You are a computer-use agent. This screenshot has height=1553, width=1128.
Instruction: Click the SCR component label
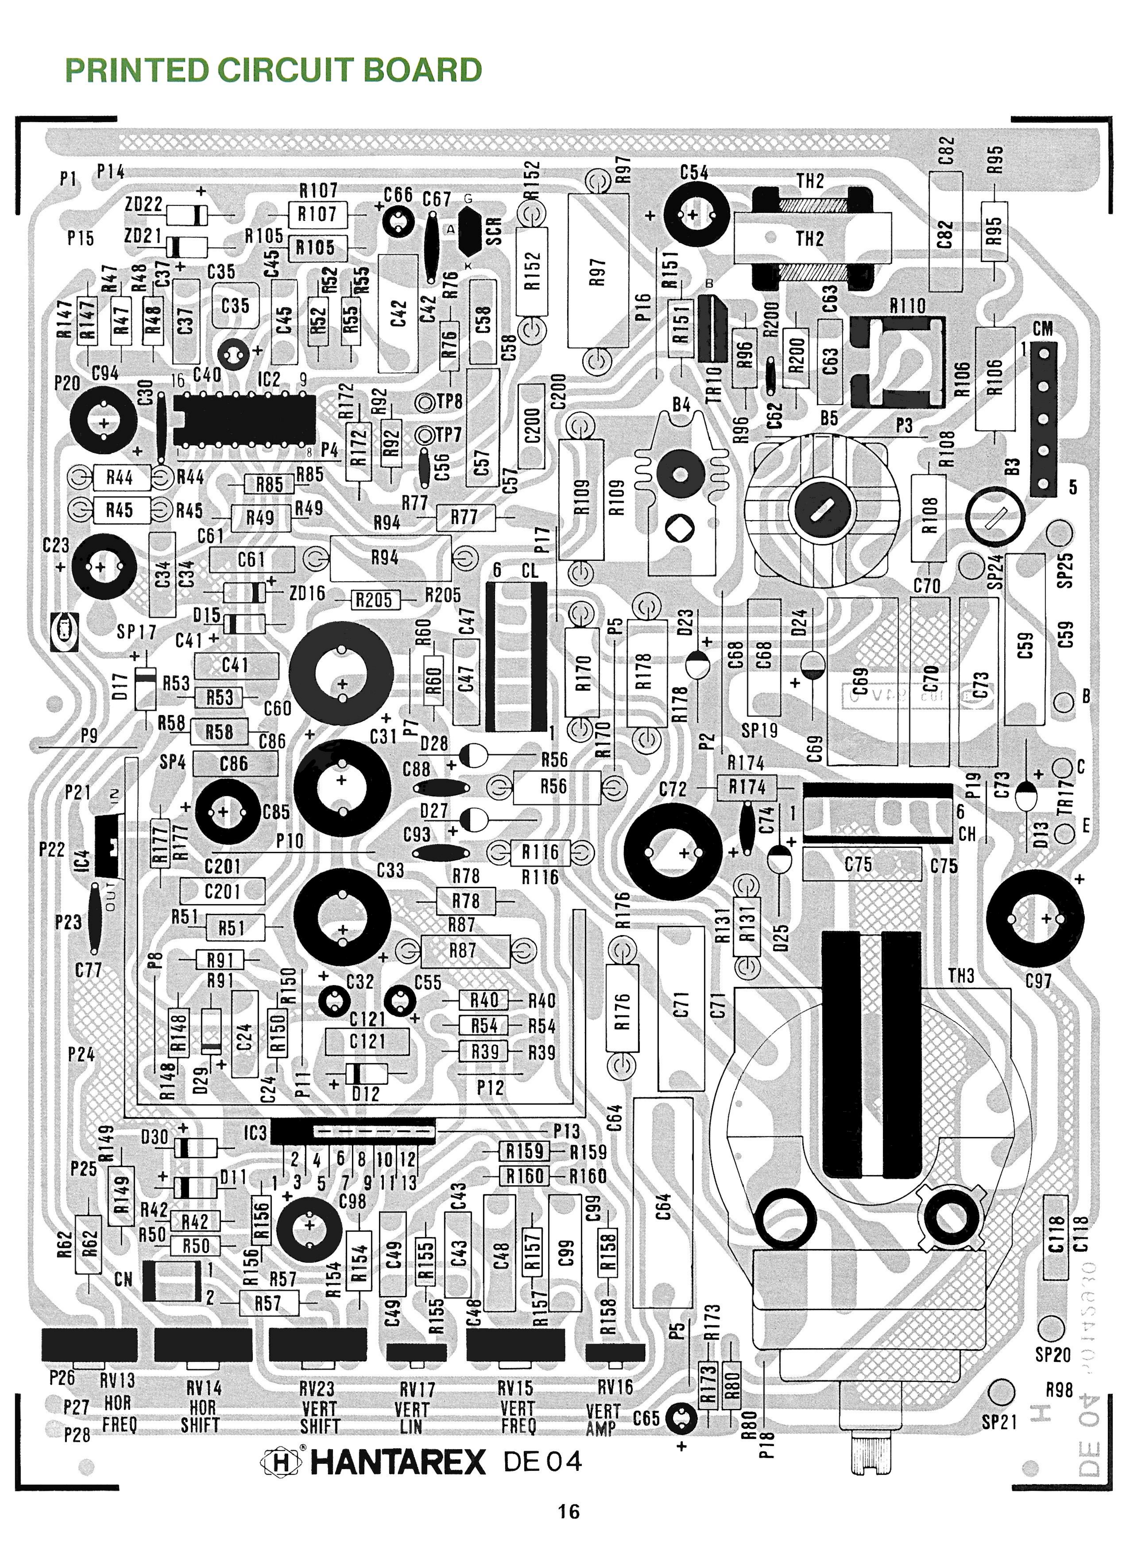(494, 231)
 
